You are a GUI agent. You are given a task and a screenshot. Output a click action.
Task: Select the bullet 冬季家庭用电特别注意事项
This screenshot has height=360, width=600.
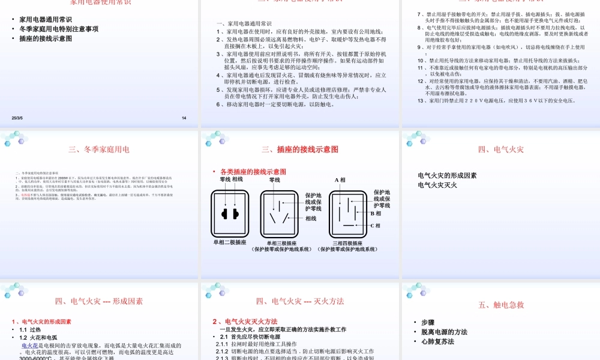[59, 29]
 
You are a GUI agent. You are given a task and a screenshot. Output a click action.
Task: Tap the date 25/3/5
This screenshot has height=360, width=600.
[17, 118]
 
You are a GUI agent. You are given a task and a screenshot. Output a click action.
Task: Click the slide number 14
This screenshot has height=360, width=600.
[184, 118]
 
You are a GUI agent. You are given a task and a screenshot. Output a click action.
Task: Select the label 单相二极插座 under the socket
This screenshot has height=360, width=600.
[230, 242]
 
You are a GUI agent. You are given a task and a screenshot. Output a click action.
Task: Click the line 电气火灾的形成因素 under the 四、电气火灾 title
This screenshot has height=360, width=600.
[447, 176]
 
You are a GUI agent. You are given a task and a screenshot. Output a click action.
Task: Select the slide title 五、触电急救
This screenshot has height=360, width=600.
[501, 305]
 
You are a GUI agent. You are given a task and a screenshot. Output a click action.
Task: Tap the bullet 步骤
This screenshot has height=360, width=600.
[428, 322]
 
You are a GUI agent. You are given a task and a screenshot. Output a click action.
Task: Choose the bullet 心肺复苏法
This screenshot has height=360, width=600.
[437, 341]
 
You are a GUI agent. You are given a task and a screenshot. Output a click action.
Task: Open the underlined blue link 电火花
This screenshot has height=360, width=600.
[31, 346]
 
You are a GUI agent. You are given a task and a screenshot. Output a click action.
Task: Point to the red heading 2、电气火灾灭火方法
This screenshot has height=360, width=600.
[245, 322]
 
